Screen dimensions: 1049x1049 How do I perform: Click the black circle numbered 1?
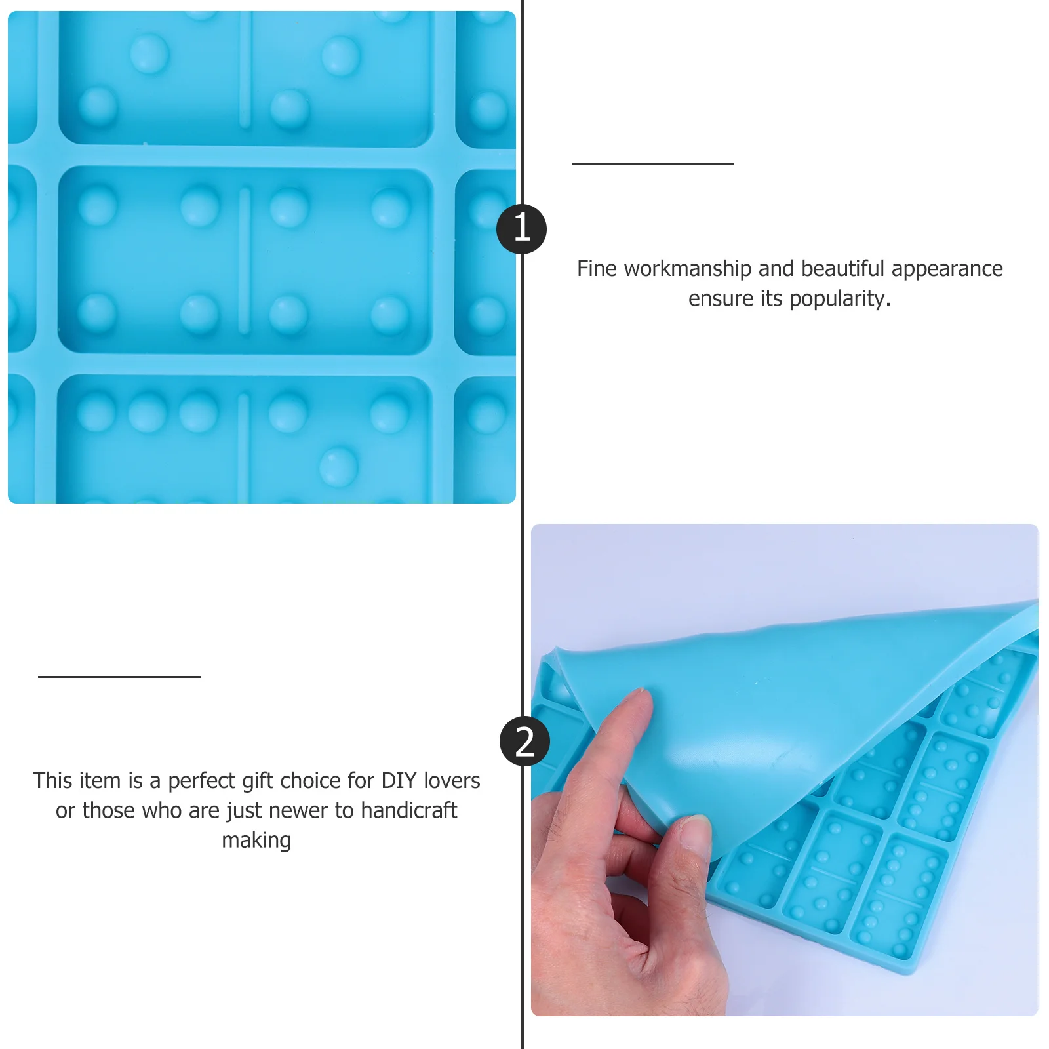(521, 229)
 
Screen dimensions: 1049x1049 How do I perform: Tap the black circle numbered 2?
(524, 742)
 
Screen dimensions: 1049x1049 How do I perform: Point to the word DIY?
(399, 781)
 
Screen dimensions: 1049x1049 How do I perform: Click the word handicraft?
(408, 811)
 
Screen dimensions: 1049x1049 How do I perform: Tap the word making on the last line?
(256, 841)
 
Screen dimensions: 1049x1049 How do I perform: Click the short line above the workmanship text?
(652, 164)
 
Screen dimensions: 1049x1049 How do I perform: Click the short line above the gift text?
(119, 677)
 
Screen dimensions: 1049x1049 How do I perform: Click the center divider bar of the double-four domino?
(245, 261)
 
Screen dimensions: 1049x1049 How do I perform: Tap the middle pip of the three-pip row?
(148, 412)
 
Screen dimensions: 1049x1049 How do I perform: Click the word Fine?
(597, 269)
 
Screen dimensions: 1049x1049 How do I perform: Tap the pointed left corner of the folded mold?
(557, 650)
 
